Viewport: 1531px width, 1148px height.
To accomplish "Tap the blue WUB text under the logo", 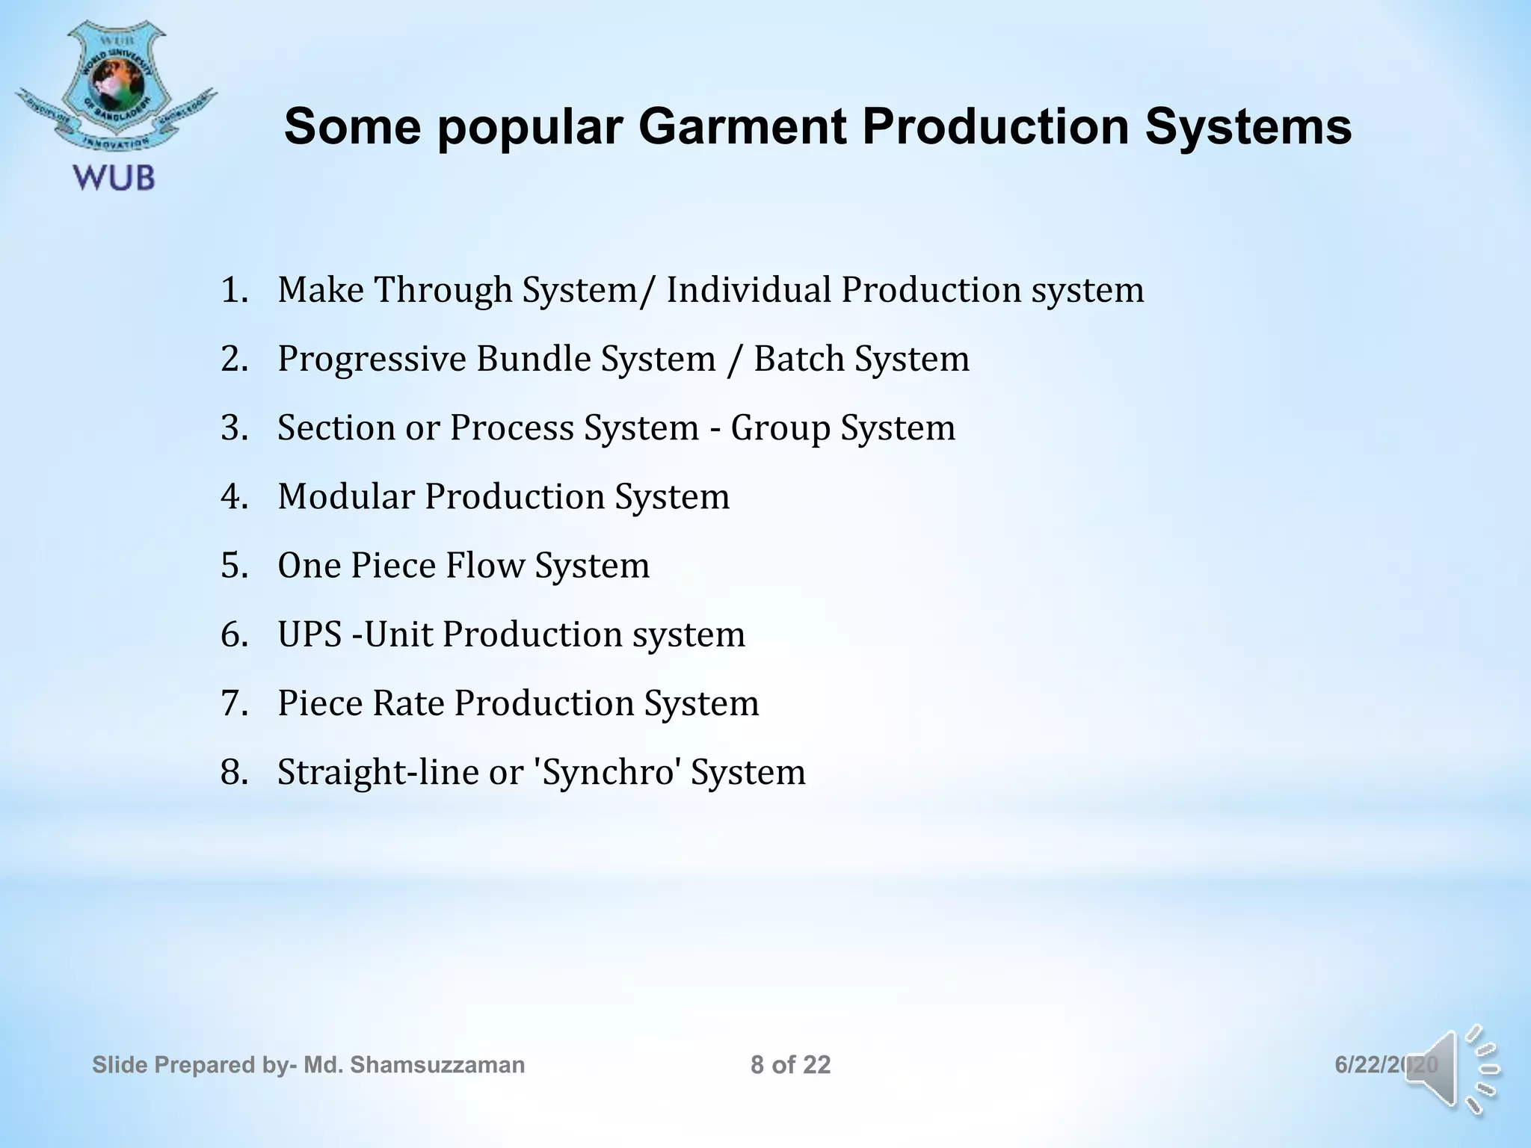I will [x=114, y=179].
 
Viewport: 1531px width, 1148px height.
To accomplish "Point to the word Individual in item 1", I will [x=748, y=290].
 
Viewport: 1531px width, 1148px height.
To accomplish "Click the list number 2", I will [x=233, y=359].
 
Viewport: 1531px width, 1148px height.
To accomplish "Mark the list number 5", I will [x=233, y=566].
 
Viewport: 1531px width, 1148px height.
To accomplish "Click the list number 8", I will [x=233, y=772].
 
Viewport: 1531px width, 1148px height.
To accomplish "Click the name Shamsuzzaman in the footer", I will [x=437, y=1064].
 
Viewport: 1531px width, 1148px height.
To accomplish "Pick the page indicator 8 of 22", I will [x=790, y=1064].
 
